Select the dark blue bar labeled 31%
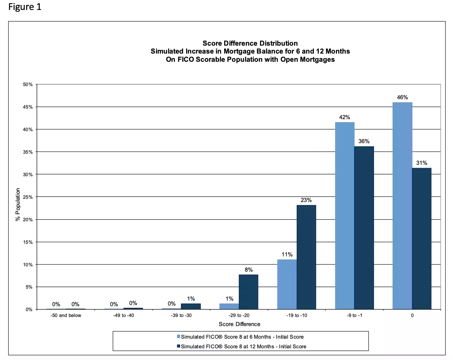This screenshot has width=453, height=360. tap(422, 239)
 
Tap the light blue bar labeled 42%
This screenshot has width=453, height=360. tap(344, 215)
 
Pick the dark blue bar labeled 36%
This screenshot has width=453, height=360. tap(364, 228)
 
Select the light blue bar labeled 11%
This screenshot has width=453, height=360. tap(287, 284)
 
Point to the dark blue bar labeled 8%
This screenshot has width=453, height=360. tap(248, 292)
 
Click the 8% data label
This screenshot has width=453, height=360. tap(248, 270)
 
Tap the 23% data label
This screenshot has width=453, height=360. tap(306, 200)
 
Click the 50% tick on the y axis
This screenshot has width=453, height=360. tap(28, 85)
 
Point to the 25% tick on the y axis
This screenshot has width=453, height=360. tap(28, 197)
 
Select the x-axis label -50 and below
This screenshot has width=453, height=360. tap(66, 315)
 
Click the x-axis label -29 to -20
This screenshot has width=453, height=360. tap(239, 315)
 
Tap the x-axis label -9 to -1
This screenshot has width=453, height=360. tap(354, 315)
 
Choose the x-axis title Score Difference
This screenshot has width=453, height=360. tap(239, 324)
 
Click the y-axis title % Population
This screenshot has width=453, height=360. tap(18, 204)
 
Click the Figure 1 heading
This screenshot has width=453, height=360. tap(25, 7)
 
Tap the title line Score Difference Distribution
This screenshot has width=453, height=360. tap(250, 43)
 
